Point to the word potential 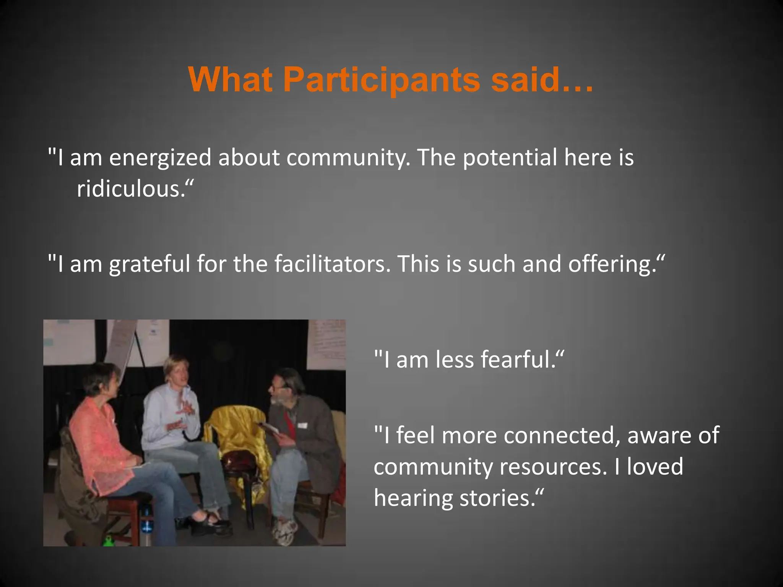[510, 157]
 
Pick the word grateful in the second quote [149, 264]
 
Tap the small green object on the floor [109, 541]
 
